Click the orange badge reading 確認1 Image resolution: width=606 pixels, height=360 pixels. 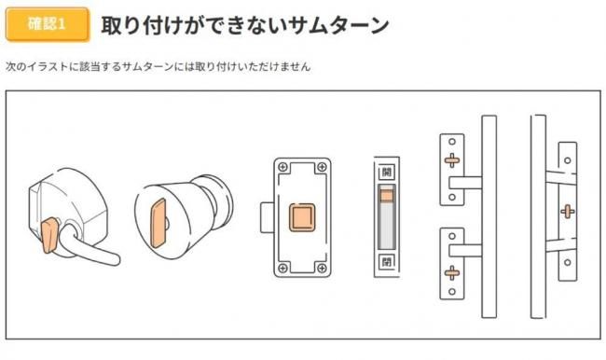pyautogui.click(x=48, y=24)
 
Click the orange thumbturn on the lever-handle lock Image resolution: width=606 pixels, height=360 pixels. pyautogui.click(x=49, y=235)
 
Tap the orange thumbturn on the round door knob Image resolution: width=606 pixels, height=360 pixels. pyautogui.click(x=158, y=223)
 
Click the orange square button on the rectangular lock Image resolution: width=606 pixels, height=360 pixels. pyautogui.click(x=302, y=217)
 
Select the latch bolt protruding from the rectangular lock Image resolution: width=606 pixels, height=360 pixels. pyautogui.click(x=267, y=217)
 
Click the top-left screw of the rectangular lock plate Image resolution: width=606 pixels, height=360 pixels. pyautogui.click(x=282, y=167)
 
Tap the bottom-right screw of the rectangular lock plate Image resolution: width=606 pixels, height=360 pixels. pyautogui.click(x=322, y=268)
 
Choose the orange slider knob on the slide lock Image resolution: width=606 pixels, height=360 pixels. pyautogui.click(x=387, y=196)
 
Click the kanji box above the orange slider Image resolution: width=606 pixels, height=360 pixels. pyautogui.click(x=387, y=172)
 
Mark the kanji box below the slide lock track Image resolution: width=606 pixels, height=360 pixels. pyautogui.click(x=387, y=262)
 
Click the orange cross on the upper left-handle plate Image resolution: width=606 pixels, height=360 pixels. pyautogui.click(x=452, y=159)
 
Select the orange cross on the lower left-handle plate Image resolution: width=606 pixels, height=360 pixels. pyautogui.click(x=452, y=272)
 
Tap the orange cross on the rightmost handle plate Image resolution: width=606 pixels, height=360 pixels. pyautogui.click(x=568, y=211)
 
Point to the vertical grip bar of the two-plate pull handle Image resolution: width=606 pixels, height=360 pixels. pyautogui.click(x=489, y=216)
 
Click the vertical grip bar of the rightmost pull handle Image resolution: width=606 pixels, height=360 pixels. pyautogui.click(x=538, y=216)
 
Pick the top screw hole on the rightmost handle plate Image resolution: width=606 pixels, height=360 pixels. pyautogui.click(x=568, y=160)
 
